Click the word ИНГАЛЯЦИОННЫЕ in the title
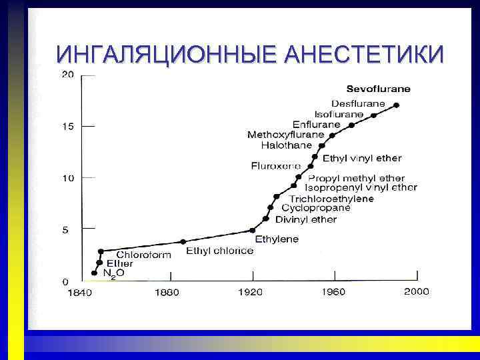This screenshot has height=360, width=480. coord(166,53)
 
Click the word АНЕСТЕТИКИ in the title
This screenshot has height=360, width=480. coord(363,53)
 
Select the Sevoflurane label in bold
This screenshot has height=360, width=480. coord(378,89)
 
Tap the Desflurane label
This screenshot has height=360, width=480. coord(358,103)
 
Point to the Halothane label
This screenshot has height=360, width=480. coord(287,145)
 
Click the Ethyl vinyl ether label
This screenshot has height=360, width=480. coord(362,159)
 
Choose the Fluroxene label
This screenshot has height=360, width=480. coord(275,165)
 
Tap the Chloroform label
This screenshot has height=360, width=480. coord(143,254)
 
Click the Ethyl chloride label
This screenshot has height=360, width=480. coord(219,251)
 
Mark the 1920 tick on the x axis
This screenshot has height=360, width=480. coord(253,291)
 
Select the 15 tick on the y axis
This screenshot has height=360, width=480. coord(68,127)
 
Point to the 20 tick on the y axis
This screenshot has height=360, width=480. coord(68,75)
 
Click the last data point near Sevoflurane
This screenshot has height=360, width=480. coord(396,105)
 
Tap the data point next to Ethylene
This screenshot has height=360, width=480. coord(252,230)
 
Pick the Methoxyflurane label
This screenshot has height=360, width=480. coord(285,135)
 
